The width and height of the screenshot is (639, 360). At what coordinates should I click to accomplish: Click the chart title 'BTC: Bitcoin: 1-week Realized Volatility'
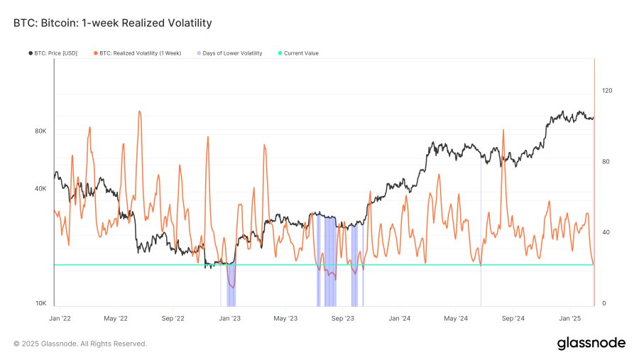(112, 23)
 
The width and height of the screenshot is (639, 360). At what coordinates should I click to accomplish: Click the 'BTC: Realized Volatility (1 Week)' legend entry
(140, 53)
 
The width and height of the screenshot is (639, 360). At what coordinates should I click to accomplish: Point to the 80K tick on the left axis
(40, 131)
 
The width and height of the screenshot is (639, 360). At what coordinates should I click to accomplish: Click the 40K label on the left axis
(40, 189)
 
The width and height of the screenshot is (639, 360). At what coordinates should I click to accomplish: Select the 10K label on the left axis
(40, 304)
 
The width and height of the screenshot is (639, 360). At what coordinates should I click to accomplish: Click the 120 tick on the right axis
(607, 91)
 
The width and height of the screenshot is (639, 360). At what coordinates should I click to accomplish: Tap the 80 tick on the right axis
(606, 162)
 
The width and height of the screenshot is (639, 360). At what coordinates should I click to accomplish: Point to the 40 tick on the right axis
(606, 233)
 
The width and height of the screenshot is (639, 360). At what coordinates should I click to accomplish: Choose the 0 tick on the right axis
(604, 304)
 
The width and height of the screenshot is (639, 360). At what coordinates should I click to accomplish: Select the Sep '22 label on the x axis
(173, 319)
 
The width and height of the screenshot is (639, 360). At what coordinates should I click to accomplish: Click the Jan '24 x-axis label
(400, 319)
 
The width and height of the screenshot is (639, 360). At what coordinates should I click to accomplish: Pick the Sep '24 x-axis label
(514, 319)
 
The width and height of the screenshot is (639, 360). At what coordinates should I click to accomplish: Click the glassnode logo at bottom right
(591, 344)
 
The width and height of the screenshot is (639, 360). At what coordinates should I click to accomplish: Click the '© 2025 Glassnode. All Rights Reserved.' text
(80, 344)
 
